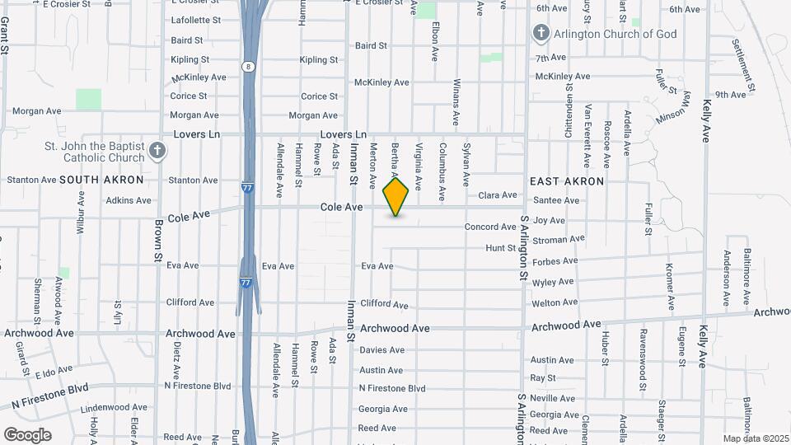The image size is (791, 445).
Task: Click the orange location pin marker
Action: click(396, 197)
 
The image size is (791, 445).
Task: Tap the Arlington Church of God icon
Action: click(541, 34)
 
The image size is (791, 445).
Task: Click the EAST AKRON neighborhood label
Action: click(567, 181)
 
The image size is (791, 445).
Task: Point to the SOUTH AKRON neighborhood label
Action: click(101, 180)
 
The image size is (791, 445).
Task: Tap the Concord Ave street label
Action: click(490, 227)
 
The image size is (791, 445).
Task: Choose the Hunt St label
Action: click(500, 247)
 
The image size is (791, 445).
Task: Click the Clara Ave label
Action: click(498, 195)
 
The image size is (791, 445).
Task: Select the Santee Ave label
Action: click(556, 200)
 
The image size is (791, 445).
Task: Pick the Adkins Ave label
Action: click(129, 200)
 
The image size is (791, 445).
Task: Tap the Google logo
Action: click(27, 435)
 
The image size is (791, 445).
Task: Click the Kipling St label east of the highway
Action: click(319, 60)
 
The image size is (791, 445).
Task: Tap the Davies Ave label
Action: click(381, 350)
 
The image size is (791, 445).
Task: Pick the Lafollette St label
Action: click(195, 20)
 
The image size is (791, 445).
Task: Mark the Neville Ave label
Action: click(552, 398)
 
